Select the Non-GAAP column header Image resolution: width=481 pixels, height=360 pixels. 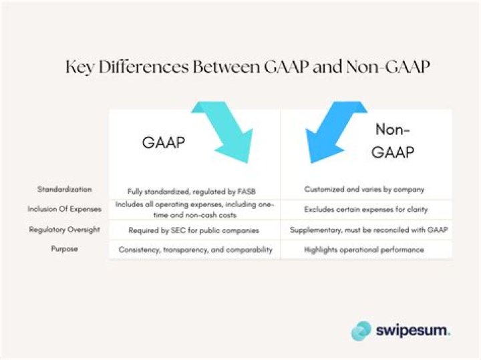(x=393, y=141)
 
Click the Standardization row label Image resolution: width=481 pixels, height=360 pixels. (x=65, y=189)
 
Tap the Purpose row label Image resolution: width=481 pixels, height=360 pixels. (x=65, y=248)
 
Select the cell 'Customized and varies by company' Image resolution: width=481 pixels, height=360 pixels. (x=364, y=190)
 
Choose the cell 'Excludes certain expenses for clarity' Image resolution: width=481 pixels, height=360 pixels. (x=365, y=209)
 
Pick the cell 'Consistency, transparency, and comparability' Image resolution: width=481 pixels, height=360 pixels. (x=194, y=249)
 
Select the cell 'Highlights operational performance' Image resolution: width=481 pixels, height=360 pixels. (x=365, y=249)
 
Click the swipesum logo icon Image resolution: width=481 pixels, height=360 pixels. (x=361, y=330)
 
